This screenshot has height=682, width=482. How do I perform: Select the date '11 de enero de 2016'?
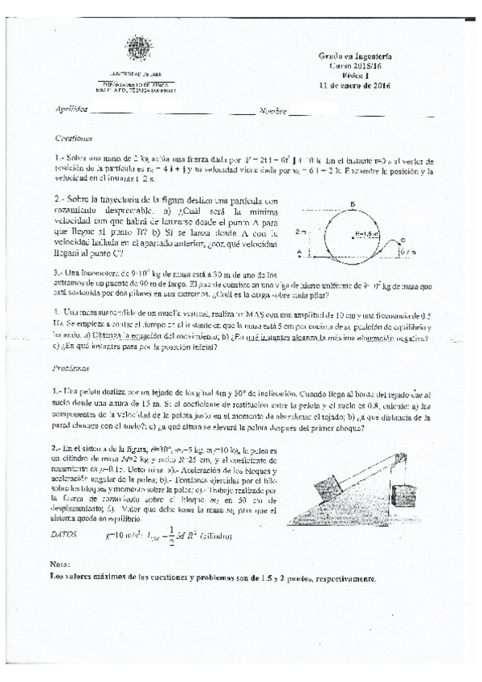click(x=354, y=85)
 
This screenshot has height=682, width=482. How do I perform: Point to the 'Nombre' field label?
click(x=272, y=109)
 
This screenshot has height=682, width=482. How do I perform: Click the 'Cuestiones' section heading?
click(x=76, y=138)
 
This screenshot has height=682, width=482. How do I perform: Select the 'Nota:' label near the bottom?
click(x=59, y=566)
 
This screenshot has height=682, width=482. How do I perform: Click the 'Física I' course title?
click(x=354, y=75)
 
